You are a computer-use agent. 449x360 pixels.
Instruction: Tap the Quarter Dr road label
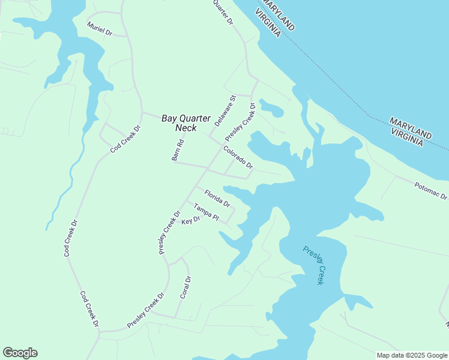point(223,12)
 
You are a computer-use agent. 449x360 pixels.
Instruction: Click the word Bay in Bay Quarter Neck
point(170,118)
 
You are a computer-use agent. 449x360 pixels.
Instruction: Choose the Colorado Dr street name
point(238,157)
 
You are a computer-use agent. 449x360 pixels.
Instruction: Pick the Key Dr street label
point(190,221)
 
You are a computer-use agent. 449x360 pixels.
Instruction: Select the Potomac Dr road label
point(431,191)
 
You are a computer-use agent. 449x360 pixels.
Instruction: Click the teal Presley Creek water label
point(313,265)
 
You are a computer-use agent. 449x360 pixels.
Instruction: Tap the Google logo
point(20,353)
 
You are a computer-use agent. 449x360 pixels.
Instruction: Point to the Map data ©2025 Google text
point(412,355)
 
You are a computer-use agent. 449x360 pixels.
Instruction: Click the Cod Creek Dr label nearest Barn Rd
point(125,139)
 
